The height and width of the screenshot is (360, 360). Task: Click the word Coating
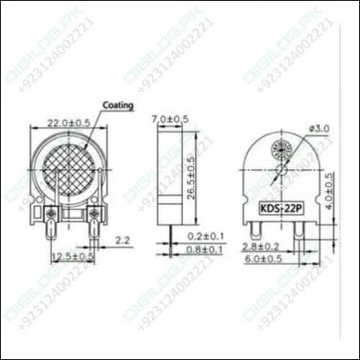click(119, 105)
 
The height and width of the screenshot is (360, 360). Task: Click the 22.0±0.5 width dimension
click(69, 123)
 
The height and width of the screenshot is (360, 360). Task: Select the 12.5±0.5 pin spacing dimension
click(72, 256)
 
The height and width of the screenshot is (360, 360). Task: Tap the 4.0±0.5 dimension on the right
click(329, 191)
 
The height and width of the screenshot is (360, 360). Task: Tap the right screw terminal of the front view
click(93, 214)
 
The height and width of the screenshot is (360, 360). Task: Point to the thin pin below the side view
click(171, 234)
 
